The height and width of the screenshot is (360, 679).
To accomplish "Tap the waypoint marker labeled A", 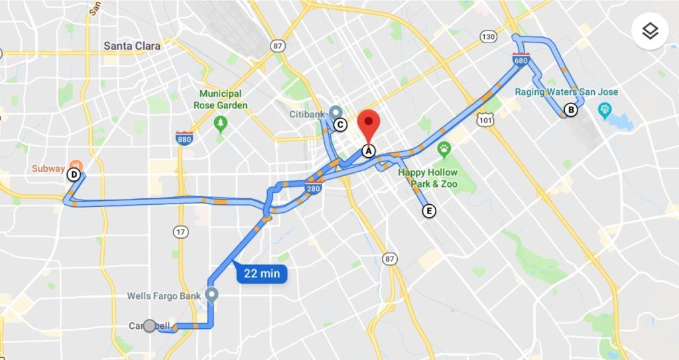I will tap(369, 150).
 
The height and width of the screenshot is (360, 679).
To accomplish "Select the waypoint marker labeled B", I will tap(570, 110).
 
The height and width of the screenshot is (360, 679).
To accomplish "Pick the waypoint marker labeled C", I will tap(340, 124).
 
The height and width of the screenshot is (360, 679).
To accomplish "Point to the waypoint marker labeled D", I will tap(74, 175).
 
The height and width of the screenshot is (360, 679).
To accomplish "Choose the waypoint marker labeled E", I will tap(429, 211).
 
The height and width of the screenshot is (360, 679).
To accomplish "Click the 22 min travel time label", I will tap(261, 272).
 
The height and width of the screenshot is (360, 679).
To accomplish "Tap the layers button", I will tap(650, 31).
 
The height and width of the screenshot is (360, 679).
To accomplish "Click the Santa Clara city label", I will tap(132, 46).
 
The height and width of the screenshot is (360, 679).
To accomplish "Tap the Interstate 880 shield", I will tap(184, 138).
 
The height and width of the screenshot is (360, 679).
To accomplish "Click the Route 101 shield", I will tap(484, 120).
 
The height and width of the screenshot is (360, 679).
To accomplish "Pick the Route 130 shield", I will tap(489, 36).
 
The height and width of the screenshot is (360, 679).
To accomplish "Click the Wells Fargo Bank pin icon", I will tap(212, 294).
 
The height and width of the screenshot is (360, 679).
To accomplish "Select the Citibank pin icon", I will tap(336, 113).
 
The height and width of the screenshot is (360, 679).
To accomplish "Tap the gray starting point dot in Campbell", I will tap(150, 326).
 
